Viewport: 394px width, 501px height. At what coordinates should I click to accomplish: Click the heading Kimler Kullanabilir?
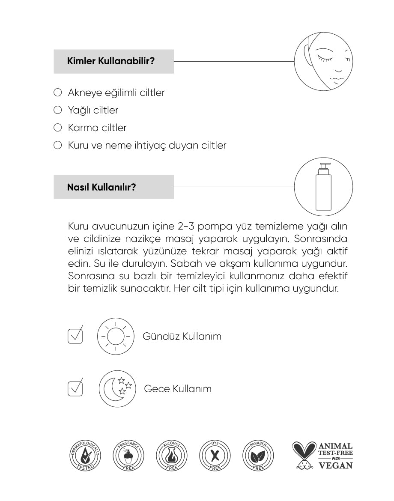(111, 61)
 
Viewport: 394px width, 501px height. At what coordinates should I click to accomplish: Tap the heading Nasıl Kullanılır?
(101, 187)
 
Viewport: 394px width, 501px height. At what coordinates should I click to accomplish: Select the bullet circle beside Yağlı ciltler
(58, 110)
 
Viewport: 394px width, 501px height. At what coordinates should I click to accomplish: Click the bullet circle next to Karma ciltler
(58, 128)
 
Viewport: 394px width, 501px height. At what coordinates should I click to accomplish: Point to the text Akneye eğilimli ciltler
(116, 92)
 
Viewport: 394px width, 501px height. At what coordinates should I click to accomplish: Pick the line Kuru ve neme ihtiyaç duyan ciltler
(147, 145)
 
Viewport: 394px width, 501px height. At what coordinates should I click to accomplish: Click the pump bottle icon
(323, 187)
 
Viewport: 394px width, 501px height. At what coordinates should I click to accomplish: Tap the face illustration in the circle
(323, 61)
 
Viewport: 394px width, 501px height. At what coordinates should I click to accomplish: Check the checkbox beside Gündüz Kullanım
(75, 336)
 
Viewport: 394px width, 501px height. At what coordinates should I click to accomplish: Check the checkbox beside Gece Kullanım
(75, 388)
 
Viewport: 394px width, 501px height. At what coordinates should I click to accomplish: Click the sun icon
(115, 336)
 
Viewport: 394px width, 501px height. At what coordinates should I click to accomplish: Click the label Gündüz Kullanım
(182, 336)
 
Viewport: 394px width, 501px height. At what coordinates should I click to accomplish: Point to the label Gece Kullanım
(178, 389)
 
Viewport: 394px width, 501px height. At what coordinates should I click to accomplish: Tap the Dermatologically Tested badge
(86, 455)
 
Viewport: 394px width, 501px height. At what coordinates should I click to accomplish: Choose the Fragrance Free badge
(129, 455)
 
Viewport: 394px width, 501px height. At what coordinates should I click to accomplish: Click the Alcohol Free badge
(172, 455)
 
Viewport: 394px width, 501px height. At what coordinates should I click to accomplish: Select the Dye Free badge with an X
(215, 455)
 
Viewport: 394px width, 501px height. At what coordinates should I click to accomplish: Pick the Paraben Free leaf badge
(258, 455)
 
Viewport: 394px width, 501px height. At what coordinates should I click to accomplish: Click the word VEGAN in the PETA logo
(335, 465)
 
